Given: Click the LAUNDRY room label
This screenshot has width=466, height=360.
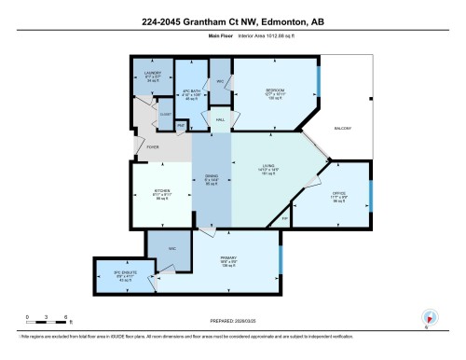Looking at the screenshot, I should click(x=153, y=72).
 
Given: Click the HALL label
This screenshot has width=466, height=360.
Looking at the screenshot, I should click(x=221, y=121).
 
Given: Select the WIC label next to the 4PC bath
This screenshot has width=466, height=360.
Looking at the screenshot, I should click(x=220, y=82).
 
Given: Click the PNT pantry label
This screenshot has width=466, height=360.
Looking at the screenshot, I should click(x=182, y=124).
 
